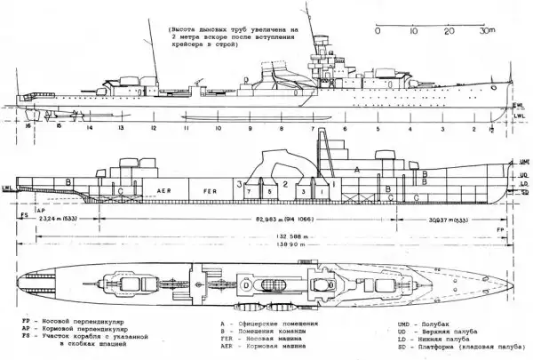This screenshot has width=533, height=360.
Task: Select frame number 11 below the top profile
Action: coord(187,128)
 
